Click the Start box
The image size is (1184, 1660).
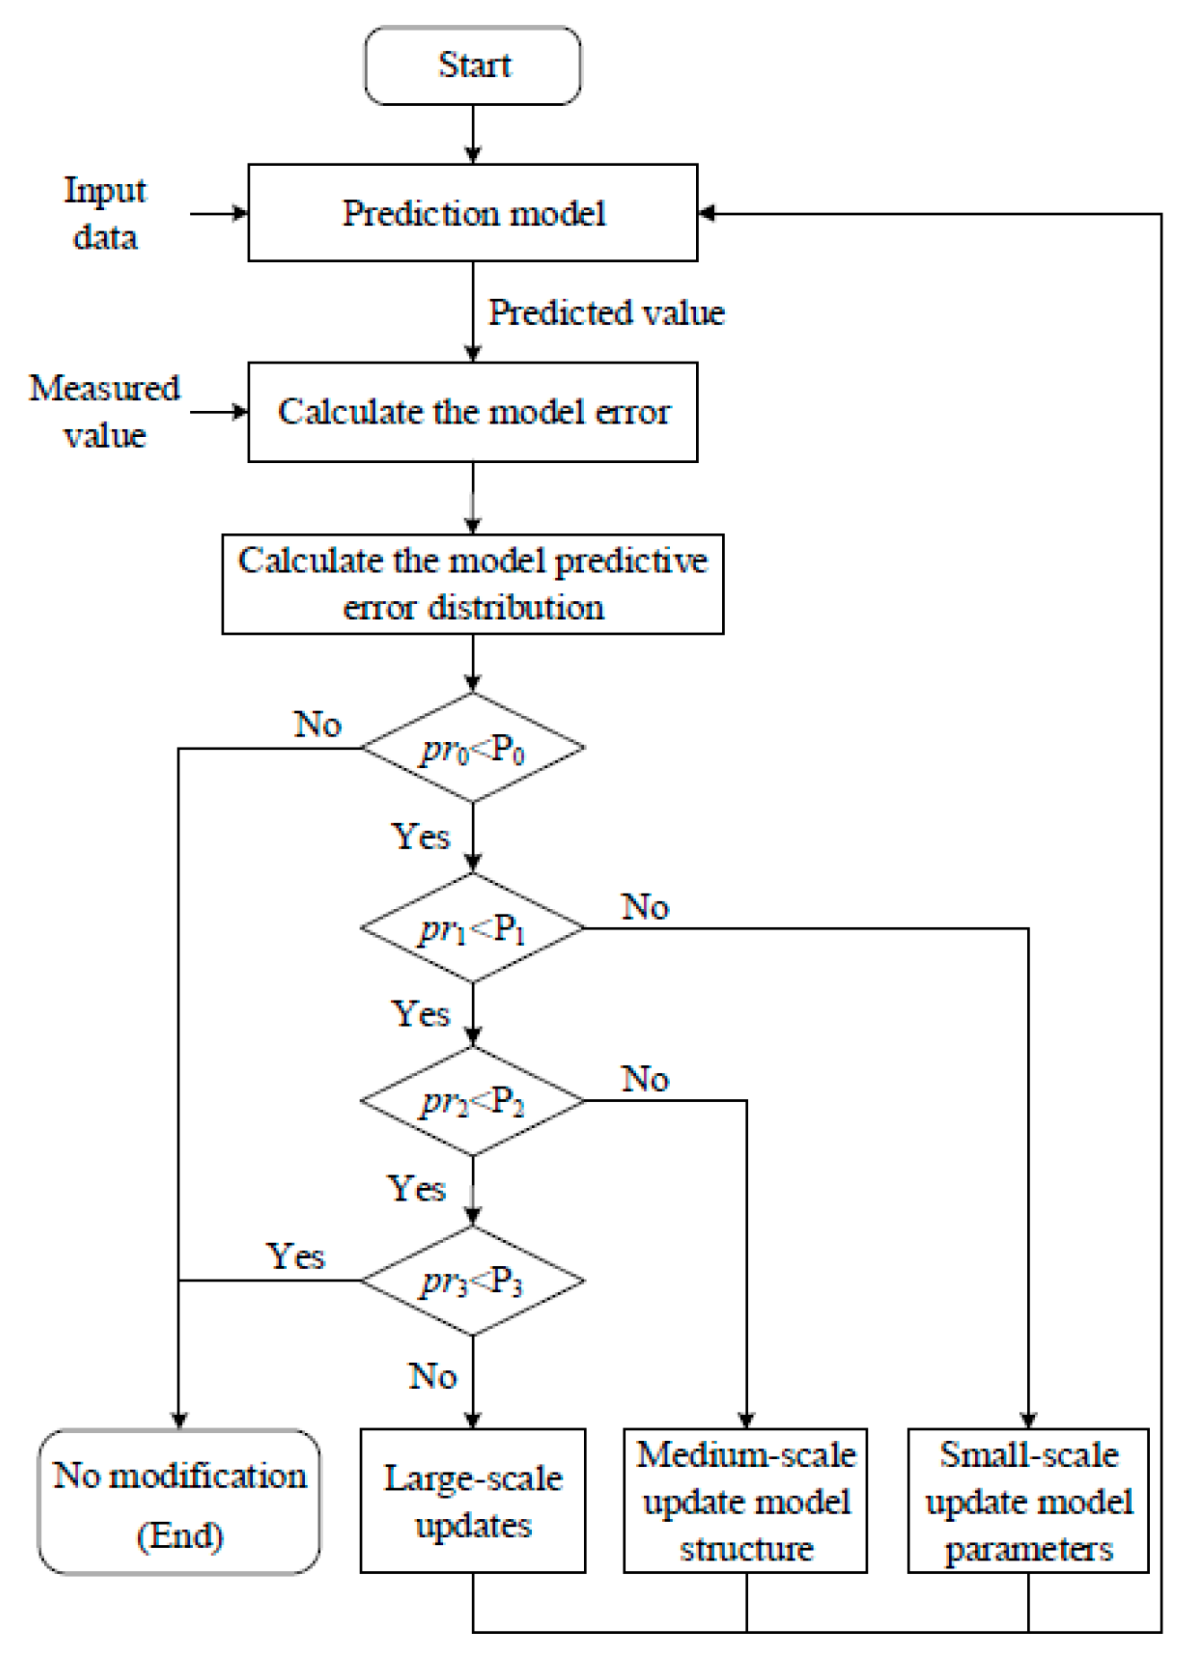click(473, 66)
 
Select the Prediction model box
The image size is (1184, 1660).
click(473, 214)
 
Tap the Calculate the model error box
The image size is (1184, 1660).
click(473, 412)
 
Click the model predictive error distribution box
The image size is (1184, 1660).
click(473, 584)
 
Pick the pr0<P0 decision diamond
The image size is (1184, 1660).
click(473, 747)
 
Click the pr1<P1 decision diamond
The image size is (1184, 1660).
click(473, 928)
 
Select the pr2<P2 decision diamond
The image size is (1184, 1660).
click(473, 1101)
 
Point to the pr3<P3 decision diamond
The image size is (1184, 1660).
click(473, 1280)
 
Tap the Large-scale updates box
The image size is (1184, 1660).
click(473, 1501)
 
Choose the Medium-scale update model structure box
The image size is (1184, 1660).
click(745, 1501)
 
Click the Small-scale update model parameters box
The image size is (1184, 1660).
click(1028, 1501)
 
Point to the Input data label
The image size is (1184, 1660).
click(105, 214)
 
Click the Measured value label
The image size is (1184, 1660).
click(104, 412)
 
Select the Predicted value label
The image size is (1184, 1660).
click(606, 312)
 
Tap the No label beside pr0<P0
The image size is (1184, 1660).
click(318, 723)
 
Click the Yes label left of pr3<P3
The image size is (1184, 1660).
click(296, 1255)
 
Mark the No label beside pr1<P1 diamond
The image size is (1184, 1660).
click(645, 906)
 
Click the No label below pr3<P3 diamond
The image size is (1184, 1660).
click(432, 1376)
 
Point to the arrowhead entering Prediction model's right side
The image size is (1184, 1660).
click(707, 214)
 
